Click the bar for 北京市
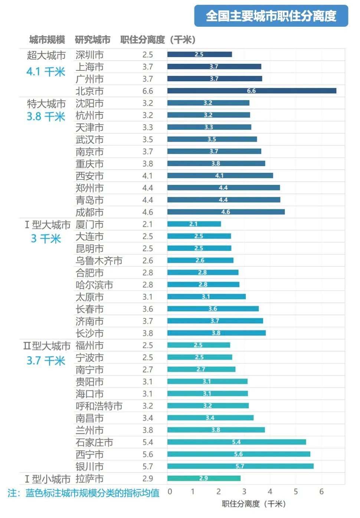[252, 91]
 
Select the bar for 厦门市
[194, 224]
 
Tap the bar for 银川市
[240, 466]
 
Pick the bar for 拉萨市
[204, 478]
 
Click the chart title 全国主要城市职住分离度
[271, 16]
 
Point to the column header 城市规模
[47, 40]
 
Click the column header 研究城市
[93, 40]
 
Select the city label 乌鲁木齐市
[99, 261]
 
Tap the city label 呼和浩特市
[99, 406]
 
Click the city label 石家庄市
[94, 443]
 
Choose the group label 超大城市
[46, 55]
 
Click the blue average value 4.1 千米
[46, 72]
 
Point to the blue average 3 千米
[46, 239]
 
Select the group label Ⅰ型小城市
[48, 479]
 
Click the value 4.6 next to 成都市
[148, 212]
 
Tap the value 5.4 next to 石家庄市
[148, 442]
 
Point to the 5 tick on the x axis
[296, 492]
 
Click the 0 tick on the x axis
[170, 492]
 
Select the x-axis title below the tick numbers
[254, 504]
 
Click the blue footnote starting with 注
[84, 493]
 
